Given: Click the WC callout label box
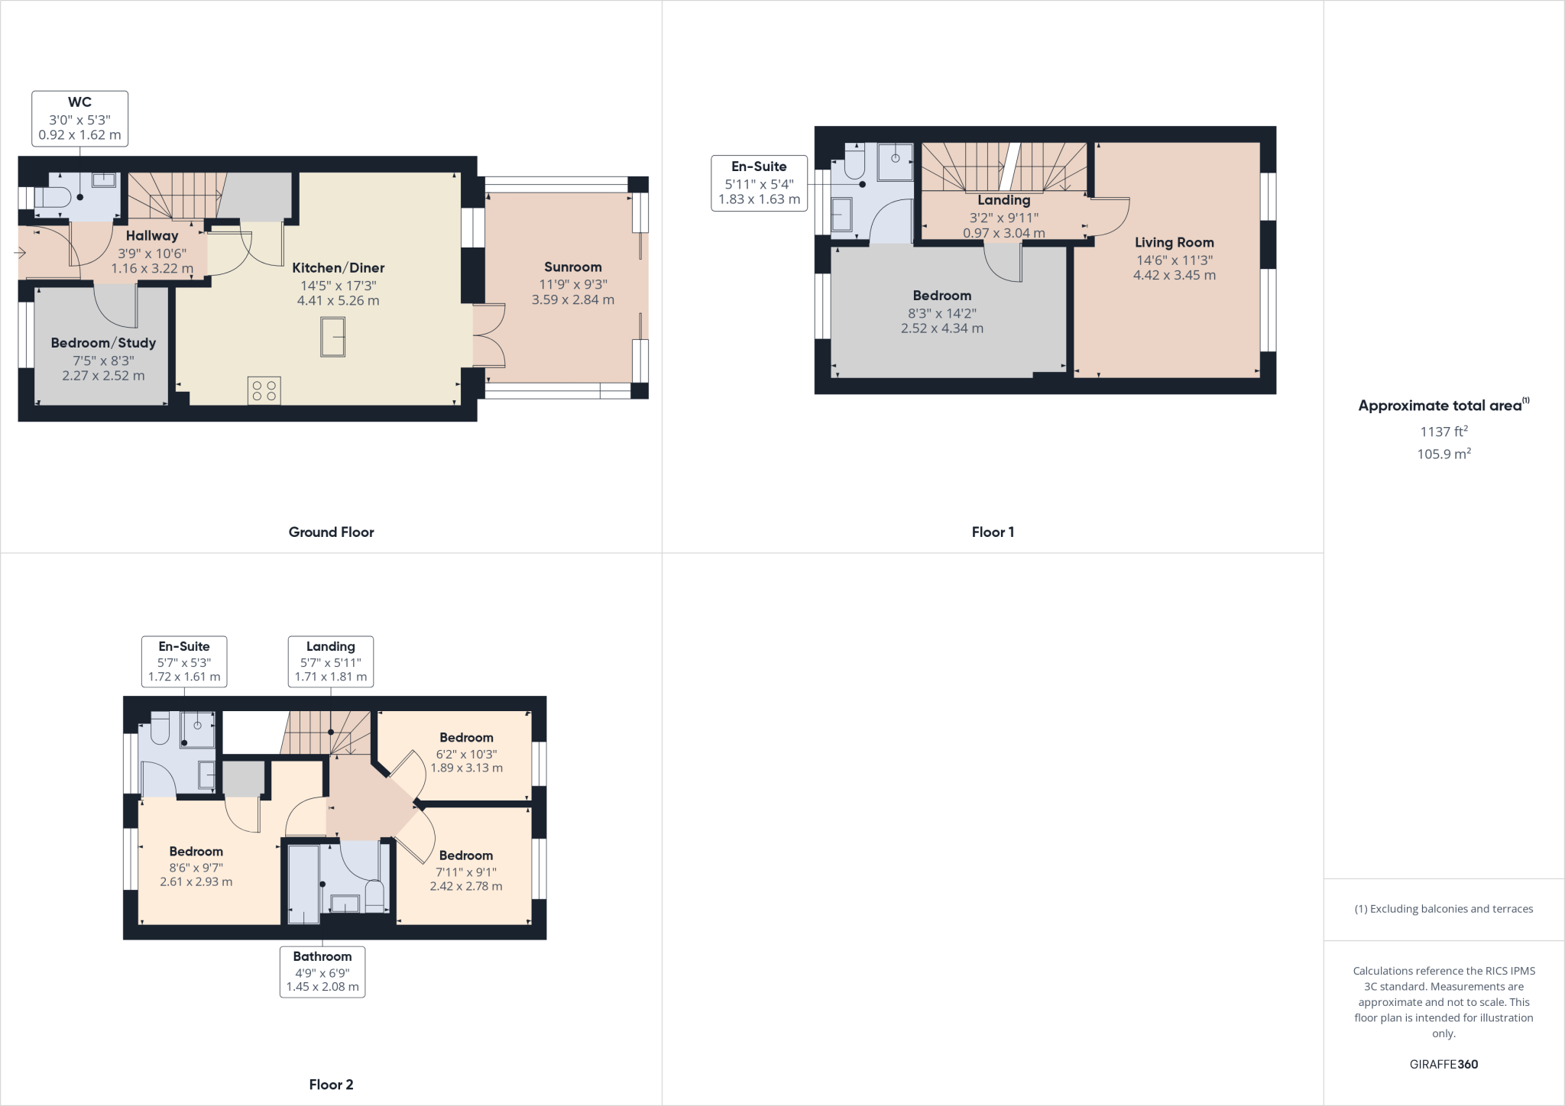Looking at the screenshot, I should [x=79, y=118].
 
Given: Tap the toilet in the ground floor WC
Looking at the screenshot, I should [x=52, y=198].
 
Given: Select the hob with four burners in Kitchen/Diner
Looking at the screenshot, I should [x=264, y=390].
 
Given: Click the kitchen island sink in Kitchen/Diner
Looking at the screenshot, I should [x=332, y=337].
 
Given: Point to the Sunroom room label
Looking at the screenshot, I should [x=572, y=267].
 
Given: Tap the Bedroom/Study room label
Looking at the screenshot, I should [x=103, y=343].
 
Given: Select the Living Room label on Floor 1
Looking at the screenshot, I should [x=1174, y=243].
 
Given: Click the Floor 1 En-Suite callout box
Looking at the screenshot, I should [x=759, y=183].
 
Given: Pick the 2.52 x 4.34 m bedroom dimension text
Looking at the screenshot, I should [x=941, y=328].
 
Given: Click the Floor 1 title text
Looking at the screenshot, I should [x=993, y=532].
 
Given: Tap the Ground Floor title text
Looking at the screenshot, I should [x=331, y=532].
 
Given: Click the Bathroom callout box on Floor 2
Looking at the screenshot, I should [x=322, y=971].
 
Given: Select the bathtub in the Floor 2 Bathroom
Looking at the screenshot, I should [x=303, y=884].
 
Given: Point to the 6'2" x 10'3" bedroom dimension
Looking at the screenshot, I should [x=466, y=754].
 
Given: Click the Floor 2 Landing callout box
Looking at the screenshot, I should [x=330, y=661].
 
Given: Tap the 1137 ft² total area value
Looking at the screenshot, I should [x=1443, y=432].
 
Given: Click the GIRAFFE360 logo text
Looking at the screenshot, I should [x=1443, y=1064].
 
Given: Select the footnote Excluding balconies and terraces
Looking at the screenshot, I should [x=1443, y=909].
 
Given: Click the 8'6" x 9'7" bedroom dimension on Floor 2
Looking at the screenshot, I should [x=196, y=868].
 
